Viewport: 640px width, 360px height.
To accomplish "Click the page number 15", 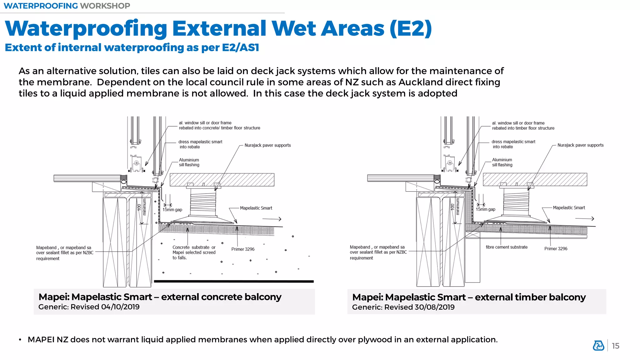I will coord(615,346).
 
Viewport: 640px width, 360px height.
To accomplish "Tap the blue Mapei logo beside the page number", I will coord(598,346).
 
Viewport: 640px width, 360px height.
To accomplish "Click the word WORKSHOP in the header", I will coord(105,6).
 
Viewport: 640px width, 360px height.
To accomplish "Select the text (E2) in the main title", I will coord(411,28).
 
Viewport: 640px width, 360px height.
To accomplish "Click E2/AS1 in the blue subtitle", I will coord(240,47).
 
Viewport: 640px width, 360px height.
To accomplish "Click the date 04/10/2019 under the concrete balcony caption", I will coord(120,307).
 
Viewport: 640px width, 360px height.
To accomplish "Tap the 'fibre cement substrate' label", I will coord(506,247).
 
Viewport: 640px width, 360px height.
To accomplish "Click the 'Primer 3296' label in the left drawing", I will coord(243,249).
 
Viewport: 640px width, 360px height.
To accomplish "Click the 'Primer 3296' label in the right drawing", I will coord(556,249).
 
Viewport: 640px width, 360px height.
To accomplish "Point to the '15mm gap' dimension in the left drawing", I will coord(172,210).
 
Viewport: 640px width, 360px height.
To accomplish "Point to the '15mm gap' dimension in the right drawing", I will coord(485,209).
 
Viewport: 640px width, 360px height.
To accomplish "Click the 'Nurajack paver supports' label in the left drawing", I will coord(267,145).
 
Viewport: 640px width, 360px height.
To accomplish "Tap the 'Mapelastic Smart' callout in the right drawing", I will coord(569,208).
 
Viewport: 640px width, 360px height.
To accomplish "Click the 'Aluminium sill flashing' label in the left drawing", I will coord(189,162).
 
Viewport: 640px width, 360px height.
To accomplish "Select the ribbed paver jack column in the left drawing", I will coord(203,202).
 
